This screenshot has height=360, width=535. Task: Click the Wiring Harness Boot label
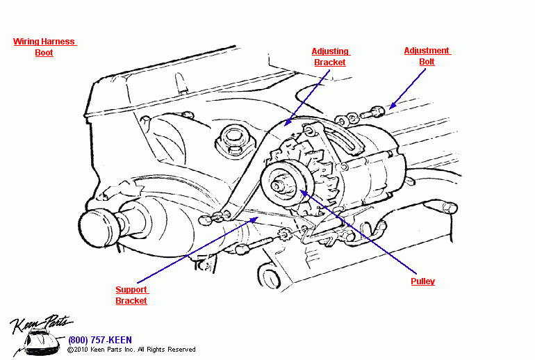(44, 47)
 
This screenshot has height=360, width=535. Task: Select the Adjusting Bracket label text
(330, 57)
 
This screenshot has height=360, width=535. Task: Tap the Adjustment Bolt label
(427, 56)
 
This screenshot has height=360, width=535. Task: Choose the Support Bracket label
(131, 295)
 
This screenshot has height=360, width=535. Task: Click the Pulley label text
(422, 281)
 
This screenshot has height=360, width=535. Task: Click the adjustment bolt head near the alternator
(376, 110)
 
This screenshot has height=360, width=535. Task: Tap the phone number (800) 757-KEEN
(99, 340)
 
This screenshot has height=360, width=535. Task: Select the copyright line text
(131, 350)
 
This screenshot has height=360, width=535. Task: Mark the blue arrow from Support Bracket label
(201, 251)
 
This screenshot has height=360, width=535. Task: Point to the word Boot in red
(44, 53)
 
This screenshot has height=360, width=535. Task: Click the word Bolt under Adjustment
(427, 62)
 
